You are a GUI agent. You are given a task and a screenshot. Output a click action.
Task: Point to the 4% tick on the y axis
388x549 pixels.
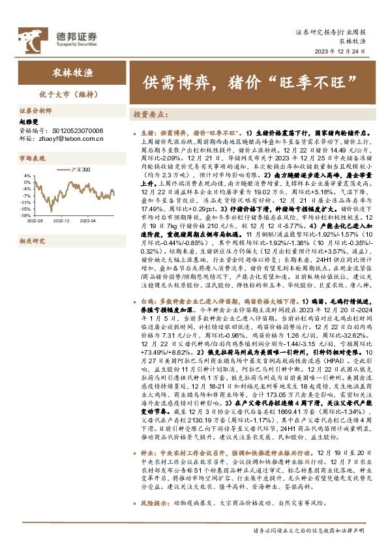[27, 175]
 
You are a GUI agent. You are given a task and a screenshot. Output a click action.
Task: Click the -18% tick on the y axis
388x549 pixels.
[25, 215]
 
